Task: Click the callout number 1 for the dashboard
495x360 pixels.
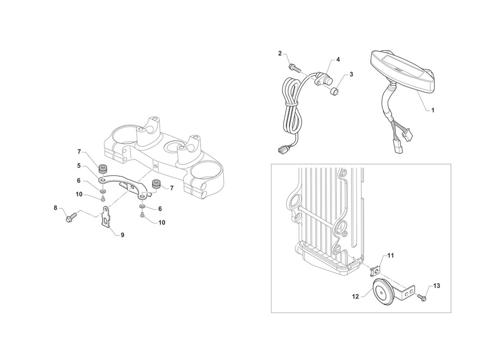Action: (433, 110)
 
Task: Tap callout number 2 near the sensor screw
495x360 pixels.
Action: (280, 54)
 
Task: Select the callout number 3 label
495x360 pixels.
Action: (351, 75)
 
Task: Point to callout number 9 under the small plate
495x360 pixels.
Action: (122, 235)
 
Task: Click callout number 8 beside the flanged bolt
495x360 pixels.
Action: (55, 208)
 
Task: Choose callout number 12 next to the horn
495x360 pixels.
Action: (355, 297)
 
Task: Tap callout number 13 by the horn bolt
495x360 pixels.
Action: (436, 286)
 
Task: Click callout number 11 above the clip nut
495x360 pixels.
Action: (391, 256)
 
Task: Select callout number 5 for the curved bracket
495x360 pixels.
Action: (79, 166)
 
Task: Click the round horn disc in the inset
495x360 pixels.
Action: (382, 293)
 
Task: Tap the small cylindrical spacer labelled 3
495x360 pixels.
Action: (334, 92)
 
